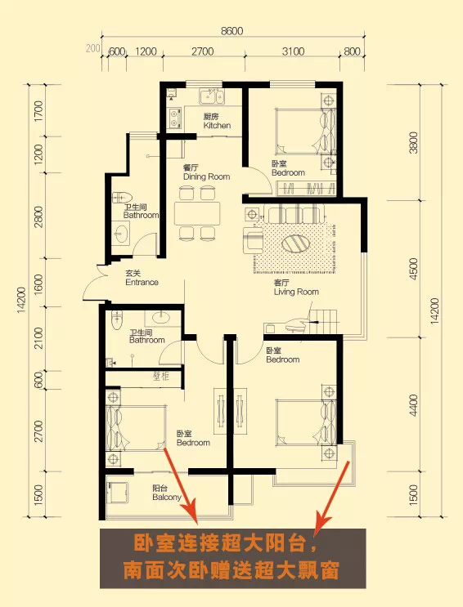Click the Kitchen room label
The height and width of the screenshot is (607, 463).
coord(217,121)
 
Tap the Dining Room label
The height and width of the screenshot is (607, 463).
coord(206,172)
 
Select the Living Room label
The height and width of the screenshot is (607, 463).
coord(296,288)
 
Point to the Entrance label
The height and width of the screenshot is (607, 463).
coord(142,278)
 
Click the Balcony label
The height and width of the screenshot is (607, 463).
coord(167,493)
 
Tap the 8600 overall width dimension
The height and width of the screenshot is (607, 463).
coord(231,30)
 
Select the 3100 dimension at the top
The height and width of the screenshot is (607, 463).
coord(293,51)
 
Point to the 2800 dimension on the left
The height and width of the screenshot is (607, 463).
coord(38,216)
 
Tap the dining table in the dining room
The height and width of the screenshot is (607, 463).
coord(197,213)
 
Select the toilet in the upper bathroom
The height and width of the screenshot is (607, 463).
coord(122,198)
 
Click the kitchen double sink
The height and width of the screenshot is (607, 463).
coord(212,96)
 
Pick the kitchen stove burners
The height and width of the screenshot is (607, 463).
coord(175,118)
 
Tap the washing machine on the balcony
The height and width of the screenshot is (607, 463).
coord(117,493)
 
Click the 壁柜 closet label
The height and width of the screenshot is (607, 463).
coord(161,376)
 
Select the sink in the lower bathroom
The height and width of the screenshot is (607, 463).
coord(161,318)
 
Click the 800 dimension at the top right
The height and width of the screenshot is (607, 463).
coord(352,51)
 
